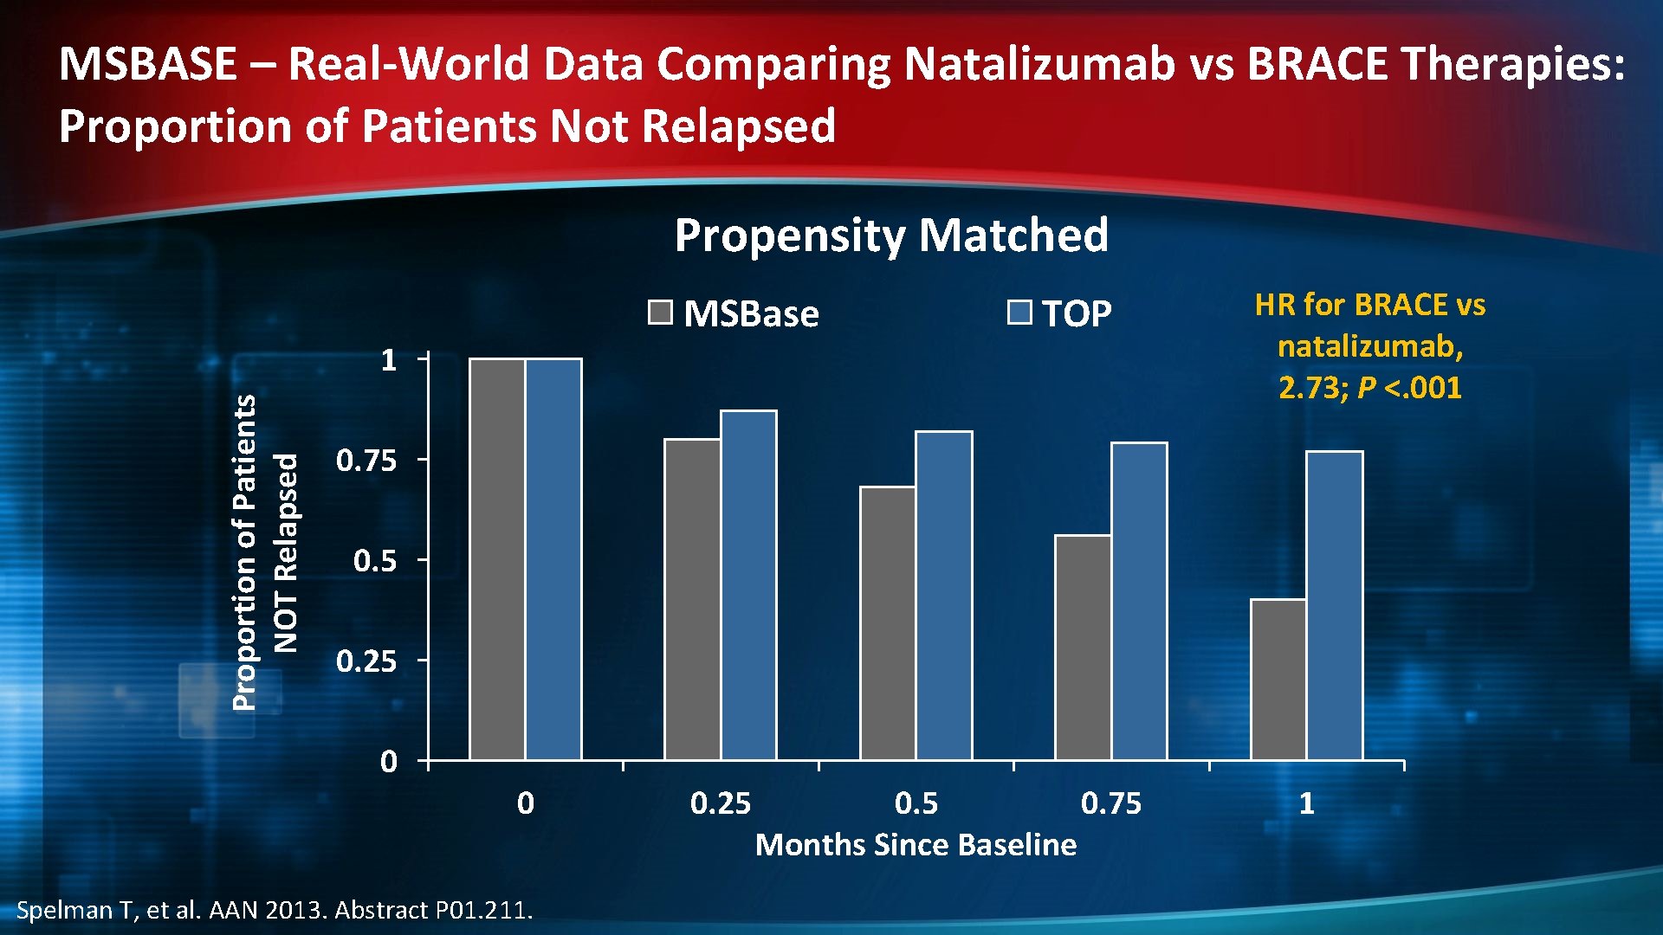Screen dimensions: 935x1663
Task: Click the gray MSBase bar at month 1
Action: (x=1278, y=680)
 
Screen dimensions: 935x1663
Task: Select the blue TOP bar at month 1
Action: (x=1335, y=606)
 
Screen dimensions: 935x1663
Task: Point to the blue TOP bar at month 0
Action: (x=553, y=559)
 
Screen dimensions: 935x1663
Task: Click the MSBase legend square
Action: (x=660, y=313)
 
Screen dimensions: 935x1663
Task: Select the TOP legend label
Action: (x=1077, y=313)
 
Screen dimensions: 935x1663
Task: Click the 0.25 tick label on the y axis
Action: (x=366, y=661)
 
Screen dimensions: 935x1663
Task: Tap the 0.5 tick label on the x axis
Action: (x=916, y=803)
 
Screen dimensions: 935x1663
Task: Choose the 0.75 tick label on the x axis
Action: (x=1111, y=803)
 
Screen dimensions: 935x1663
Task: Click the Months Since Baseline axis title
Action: (x=916, y=844)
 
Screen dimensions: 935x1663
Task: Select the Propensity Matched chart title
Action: (x=891, y=235)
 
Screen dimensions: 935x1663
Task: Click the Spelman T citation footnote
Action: (x=275, y=910)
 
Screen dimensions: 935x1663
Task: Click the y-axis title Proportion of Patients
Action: (x=245, y=552)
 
